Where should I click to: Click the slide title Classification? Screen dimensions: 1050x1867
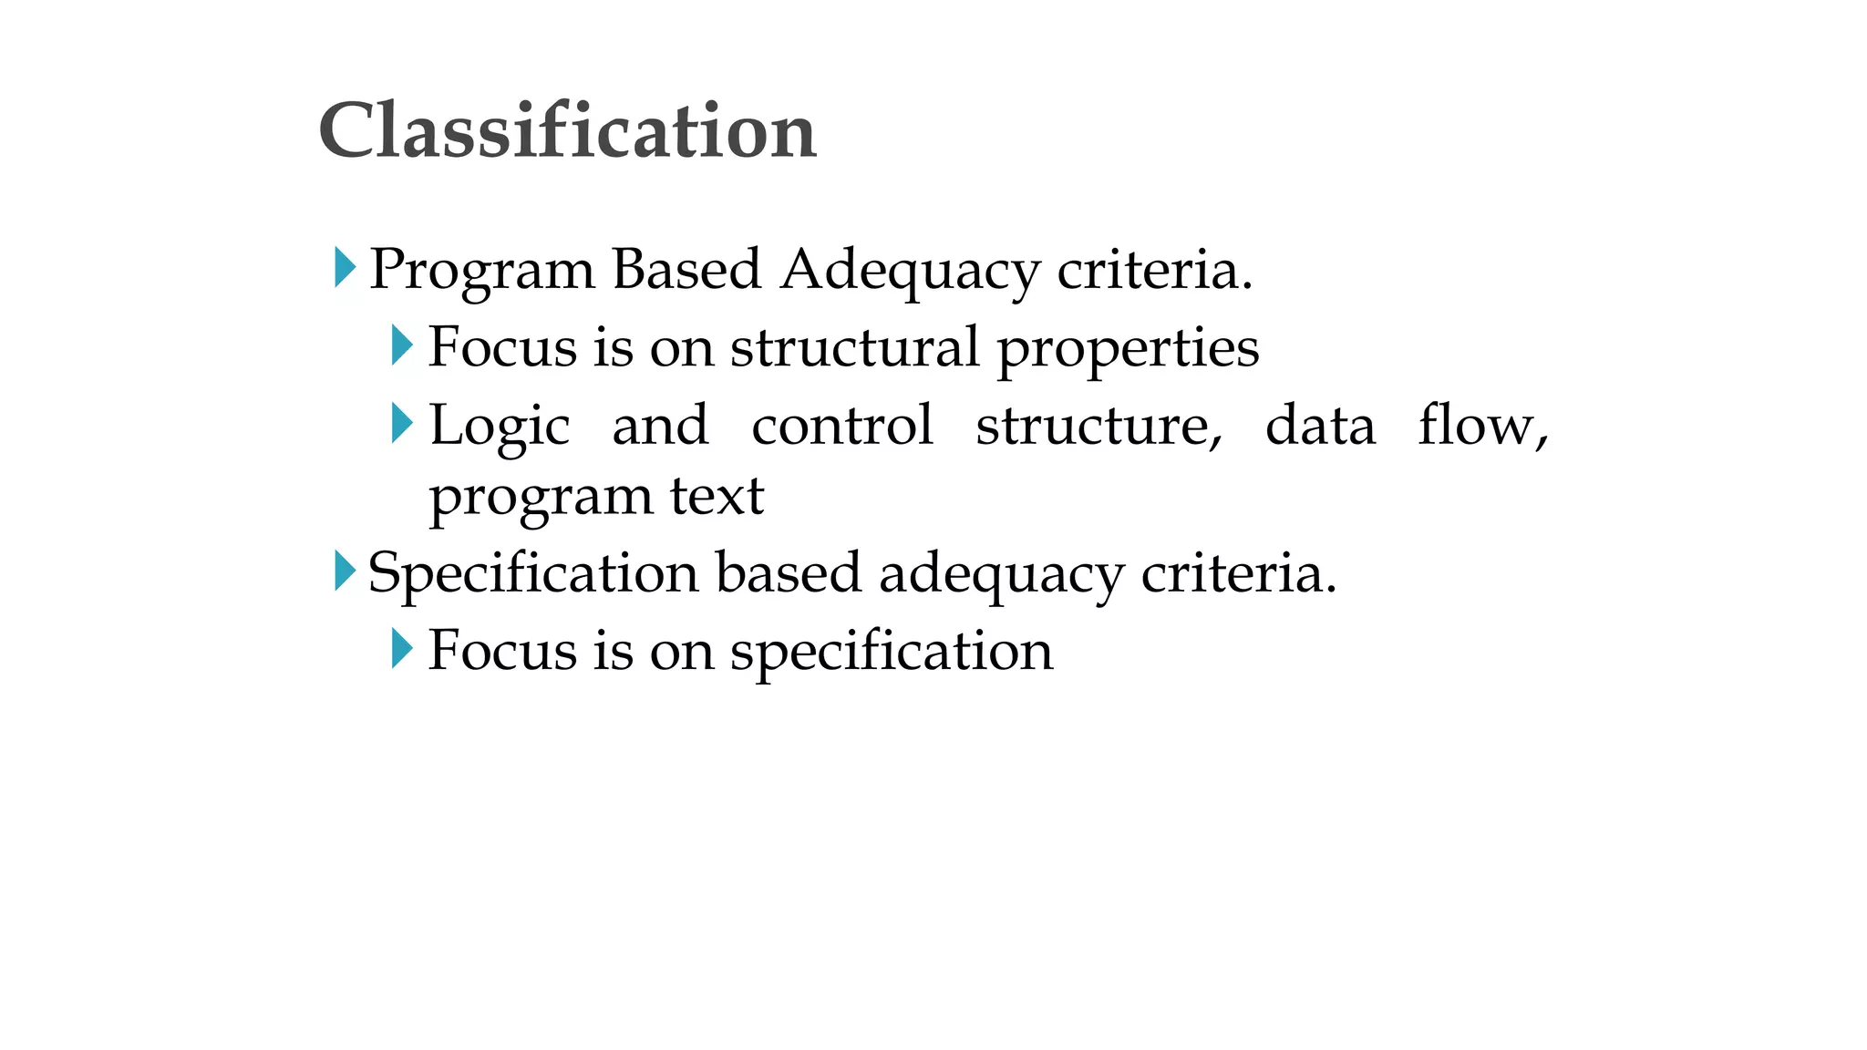pyautogui.click(x=567, y=131)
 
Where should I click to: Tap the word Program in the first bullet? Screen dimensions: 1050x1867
pyautogui.click(x=482, y=271)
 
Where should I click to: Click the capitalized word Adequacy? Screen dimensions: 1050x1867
pyautogui.click(x=910, y=271)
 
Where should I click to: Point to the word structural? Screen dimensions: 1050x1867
pyautogui.click(x=854, y=347)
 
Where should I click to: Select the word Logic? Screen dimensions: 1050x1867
pyautogui.click(x=500, y=427)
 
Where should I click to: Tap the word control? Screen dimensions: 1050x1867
pyautogui.click(x=842, y=426)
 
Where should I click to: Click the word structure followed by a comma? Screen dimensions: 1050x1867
pyautogui.click(x=1099, y=427)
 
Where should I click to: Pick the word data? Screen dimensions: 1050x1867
pyautogui.click(x=1320, y=426)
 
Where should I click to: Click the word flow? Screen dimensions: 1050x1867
pyautogui.click(x=1481, y=426)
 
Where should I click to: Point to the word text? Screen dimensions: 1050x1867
pyautogui.click(x=717, y=497)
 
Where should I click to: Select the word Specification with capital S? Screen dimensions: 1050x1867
pyautogui.click(x=532, y=574)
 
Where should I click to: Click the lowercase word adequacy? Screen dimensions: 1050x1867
pyautogui.click(x=1001, y=575)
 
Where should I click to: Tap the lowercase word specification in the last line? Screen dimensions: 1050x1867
pyautogui.click(x=891, y=653)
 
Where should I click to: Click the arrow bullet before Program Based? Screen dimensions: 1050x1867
pyautogui.click(x=345, y=268)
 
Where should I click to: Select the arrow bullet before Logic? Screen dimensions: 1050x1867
pyautogui.click(x=401, y=423)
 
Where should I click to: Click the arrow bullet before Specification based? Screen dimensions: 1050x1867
pyautogui.click(x=345, y=571)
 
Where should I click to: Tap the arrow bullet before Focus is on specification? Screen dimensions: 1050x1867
pyautogui.click(x=401, y=649)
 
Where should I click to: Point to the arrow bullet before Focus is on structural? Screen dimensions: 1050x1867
pyautogui.click(x=401, y=345)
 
